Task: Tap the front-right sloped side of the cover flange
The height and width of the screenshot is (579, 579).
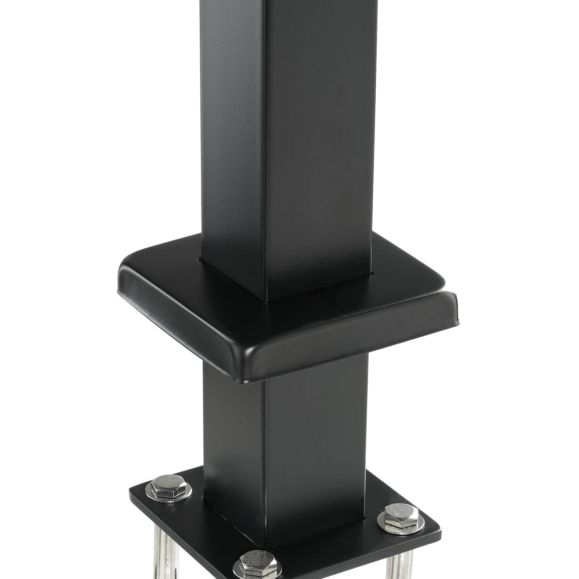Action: pos(355,340)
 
